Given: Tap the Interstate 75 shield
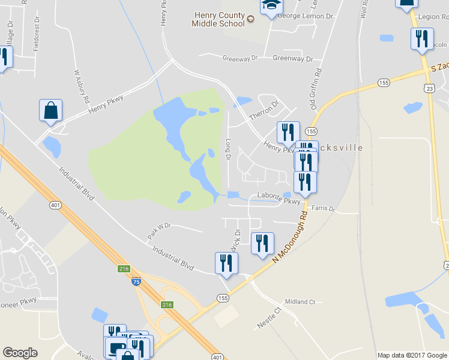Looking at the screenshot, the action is click(x=137, y=281).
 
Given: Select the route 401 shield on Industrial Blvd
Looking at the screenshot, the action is click(x=56, y=205).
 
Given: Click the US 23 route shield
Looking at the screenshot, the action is click(x=429, y=88).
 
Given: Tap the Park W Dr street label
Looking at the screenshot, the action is click(x=159, y=232).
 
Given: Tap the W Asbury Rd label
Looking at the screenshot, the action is click(x=82, y=86).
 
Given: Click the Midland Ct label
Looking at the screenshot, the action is click(x=300, y=302).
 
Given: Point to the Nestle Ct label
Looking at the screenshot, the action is click(x=268, y=318).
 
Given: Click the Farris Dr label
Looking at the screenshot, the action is click(x=323, y=209).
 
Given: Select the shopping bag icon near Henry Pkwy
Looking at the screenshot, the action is click(x=50, y=111).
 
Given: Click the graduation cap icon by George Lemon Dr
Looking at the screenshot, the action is click(x=271, y=5).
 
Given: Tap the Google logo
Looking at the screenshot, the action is click(x=20, y=353).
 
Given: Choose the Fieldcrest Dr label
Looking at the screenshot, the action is click(x=37, y=38).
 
